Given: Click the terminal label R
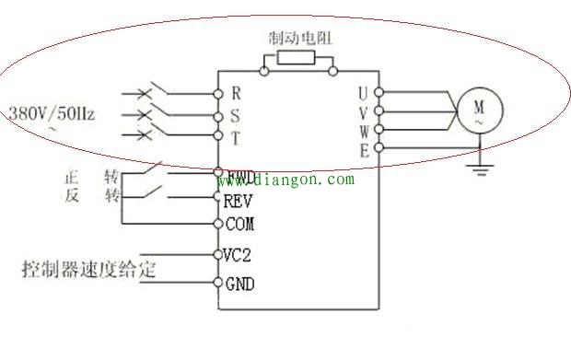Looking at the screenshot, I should click(236, 93).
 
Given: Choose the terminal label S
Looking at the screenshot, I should click(236, 116).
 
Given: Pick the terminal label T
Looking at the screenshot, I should click(236, 138).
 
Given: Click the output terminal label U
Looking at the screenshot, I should click(364, 93).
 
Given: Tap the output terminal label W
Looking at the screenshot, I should click(364, 131).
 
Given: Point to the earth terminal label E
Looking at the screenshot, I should click(364, 151).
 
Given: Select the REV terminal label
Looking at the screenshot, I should click(239, 199).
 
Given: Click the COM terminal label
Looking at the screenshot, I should click(239, 224).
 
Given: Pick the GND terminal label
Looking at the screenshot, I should click(239, 284).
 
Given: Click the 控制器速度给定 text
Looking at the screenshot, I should click(88, 270).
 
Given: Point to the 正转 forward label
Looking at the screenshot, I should click(91, 175).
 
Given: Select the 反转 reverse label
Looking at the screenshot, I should click(91, 196).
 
